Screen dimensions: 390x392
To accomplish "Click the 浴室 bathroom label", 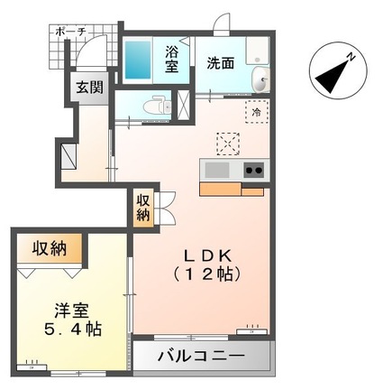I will [x=171, y=61].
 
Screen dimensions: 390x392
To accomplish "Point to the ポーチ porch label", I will [x=70, y=31].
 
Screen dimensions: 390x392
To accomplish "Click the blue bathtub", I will [x=139, y=61].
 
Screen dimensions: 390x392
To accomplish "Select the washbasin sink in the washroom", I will [x=261, y=79].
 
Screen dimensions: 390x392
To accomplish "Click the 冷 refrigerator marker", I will [x=257, y=112].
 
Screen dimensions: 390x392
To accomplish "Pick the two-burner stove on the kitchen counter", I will [x=251, y=170].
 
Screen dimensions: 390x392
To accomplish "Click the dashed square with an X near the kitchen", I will [x=227, y=142].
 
